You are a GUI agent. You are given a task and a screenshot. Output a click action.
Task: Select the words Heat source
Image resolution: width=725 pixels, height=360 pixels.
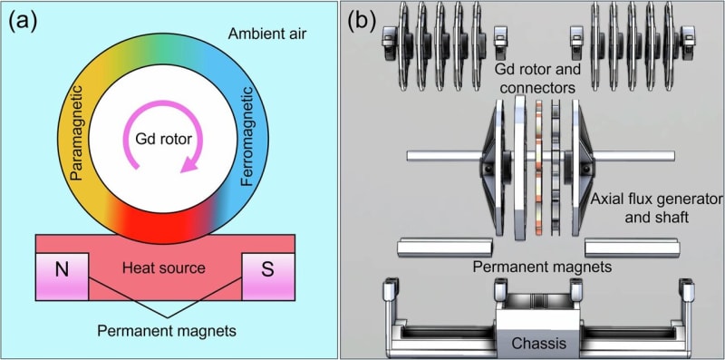pos(165,268)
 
